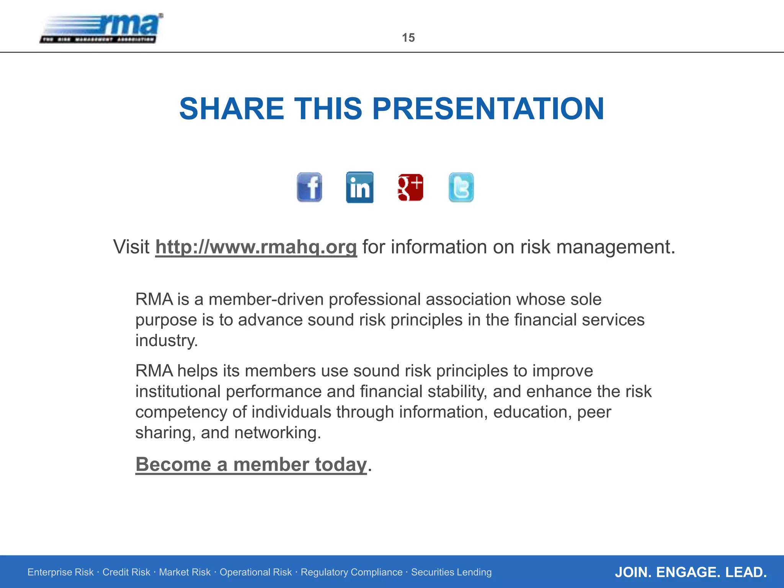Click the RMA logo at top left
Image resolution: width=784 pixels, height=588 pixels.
101,29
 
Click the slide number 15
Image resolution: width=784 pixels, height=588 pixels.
408,38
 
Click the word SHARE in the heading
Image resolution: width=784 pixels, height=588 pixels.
232,109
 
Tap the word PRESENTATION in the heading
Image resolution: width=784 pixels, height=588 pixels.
488,109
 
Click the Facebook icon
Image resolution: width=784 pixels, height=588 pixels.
309,187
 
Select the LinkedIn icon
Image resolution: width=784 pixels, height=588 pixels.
359,187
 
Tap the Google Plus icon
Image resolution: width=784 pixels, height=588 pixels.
410,187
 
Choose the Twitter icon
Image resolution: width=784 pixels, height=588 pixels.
461,187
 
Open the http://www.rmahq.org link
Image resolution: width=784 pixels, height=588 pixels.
256,247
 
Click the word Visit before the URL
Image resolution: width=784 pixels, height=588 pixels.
131,247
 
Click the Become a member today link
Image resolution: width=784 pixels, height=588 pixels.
251,464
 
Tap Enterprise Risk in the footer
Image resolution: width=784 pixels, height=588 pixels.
60,572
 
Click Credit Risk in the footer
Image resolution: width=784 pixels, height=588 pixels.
126,572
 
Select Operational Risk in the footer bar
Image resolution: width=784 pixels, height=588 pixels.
255,572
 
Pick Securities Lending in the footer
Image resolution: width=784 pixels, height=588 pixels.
451,572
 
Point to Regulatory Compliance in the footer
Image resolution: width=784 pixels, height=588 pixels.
351,572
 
